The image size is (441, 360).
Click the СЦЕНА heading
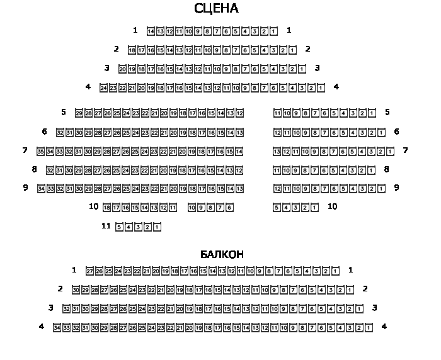coord(216,9)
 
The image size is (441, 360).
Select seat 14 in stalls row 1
coord(151,31)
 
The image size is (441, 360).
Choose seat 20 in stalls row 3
coord(122,69)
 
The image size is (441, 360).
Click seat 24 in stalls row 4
coord(103,87)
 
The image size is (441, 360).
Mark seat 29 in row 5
coord(79,113)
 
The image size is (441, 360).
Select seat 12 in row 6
coord(277,132)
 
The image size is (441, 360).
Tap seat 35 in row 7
coord(41,151)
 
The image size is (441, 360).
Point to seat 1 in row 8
coord(372,170)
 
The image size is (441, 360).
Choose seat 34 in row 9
coord(41,188)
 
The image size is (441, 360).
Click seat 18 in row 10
coord(106,207)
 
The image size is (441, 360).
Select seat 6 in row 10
coord(229,207)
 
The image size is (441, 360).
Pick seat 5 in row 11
coord(119,227)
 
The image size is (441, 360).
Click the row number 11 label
coord(106,226)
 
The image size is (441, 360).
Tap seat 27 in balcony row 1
coord(89,271)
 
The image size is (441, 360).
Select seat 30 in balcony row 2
coord(76,290)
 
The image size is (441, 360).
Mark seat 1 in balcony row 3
coord(359,308)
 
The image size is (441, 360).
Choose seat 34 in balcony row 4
coord(57,327)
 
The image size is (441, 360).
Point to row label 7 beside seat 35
coord(25,150)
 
